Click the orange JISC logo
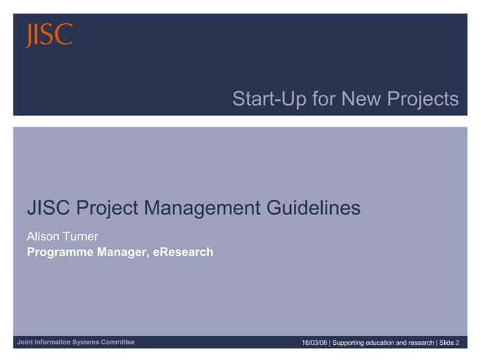coord(50,35)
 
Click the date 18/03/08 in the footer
coord(314,343)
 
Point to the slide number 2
coord(458,343)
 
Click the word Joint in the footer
coord(25,343)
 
